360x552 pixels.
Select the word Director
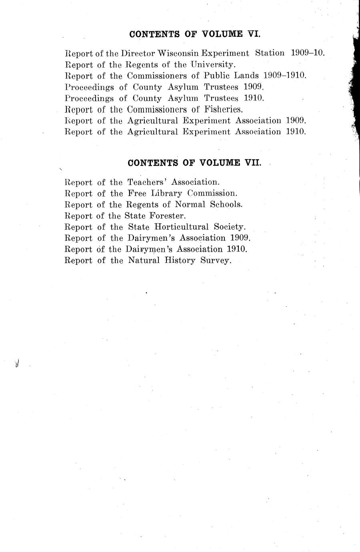click(138, 53)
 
